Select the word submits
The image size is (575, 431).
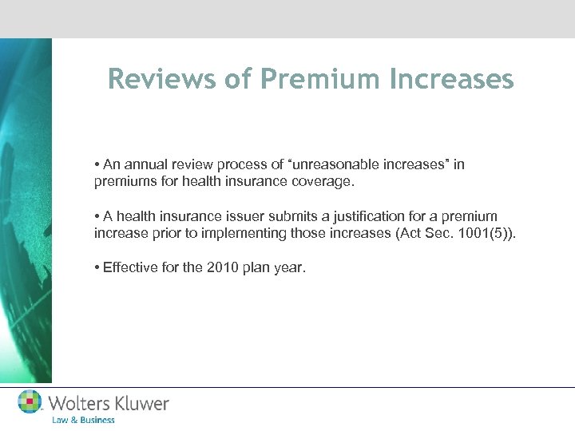tap(308, 216)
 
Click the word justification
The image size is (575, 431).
tap(385, 216)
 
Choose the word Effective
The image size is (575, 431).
tap(129, 267)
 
